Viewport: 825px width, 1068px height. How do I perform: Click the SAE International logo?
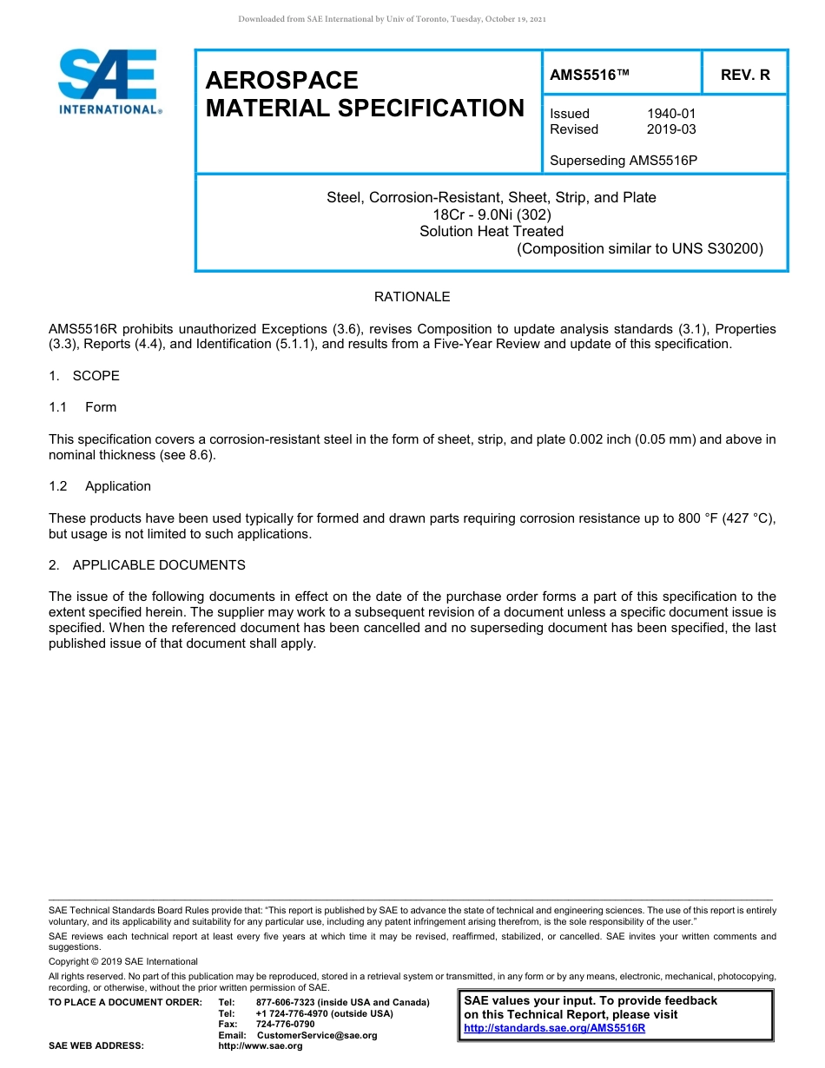pyautogui.click(x=109, y=82)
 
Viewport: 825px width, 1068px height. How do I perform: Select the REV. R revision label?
pyautogui.click(x=745, y=76)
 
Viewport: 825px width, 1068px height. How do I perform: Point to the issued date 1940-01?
pyautogui.click(x=670, y=114)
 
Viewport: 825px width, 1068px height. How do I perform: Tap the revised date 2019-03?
pyautogui.click(x=670, y=129)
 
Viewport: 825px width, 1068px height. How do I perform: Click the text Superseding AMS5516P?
pyautogui.click(x=624, y=161)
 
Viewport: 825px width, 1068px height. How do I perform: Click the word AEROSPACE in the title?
pyautogui.click(x=281, y=81)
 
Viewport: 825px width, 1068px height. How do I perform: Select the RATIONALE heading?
pyautogui.click(x=412, y=297)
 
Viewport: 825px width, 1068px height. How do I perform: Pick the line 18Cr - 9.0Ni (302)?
pyautogui.click(x=492, y=214)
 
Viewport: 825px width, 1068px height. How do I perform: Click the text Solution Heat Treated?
pyautogui.click(x=492, y=231)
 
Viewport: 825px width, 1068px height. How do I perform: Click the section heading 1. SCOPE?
pyautogui.click(x=84, y=376)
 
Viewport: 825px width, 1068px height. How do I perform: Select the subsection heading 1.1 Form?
pyautogui.click(x=83, y=407)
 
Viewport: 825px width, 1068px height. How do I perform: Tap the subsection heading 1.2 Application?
pyautogui.click(x=100, y=486)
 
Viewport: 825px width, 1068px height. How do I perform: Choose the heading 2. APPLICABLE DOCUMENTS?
pyautogui.click(x=147, y=565)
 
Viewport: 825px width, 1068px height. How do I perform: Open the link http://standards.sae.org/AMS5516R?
pyautogui.click(x=554, y=1028)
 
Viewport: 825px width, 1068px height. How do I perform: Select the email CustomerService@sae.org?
pyautogui.click(x=317, y=1035)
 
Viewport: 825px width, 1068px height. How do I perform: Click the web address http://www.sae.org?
pyautogui.click(x=260, y=1046)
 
